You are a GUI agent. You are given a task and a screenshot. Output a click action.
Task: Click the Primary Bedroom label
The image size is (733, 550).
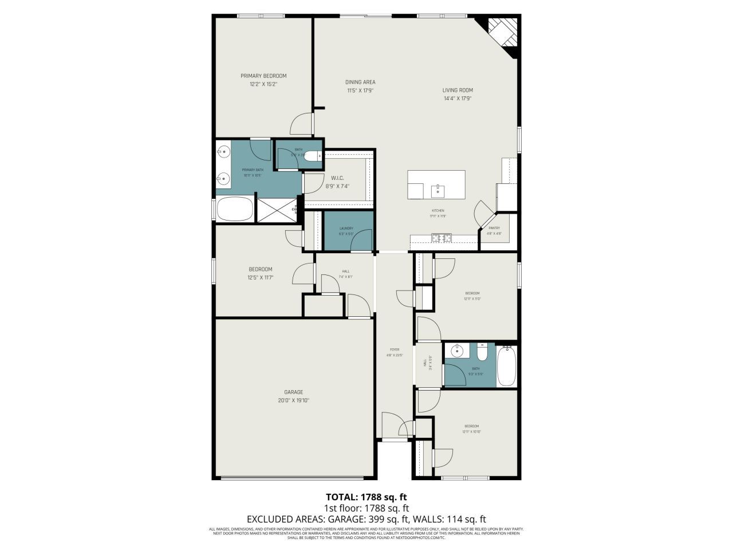(x=263, y=76)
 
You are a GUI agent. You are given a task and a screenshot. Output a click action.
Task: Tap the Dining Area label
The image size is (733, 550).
(x=360, y=82)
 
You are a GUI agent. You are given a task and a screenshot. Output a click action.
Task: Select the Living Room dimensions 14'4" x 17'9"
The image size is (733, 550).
(x=457, y=99)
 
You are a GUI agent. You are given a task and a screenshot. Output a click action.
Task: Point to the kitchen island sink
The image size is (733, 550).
(x=438, y=188)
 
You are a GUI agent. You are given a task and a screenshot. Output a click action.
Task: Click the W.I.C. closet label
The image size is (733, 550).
(x=337, y=178)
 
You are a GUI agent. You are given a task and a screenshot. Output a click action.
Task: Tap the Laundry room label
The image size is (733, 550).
(x=346, y=229)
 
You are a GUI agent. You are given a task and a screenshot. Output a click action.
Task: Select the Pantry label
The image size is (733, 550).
(x=494, y=228)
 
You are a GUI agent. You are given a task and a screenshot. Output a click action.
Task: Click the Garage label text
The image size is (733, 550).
(x=293, y=392)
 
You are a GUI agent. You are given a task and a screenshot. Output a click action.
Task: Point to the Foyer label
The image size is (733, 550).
(x=395, y=349)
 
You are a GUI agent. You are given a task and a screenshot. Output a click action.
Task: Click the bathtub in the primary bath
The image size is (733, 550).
(x=234, y=209)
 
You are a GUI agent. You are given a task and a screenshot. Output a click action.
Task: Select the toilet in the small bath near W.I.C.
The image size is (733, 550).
(x=313, y=155)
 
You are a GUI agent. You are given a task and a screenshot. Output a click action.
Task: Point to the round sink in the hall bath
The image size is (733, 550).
(x=458, y=351)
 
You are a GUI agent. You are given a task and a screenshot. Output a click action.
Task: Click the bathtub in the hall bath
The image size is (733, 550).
(x=507, y=366)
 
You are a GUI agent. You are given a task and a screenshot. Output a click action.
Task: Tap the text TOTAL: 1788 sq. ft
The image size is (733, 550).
(x=366, y=497)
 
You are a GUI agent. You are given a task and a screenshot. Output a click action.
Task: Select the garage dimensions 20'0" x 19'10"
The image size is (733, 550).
(x=293, y=400)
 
